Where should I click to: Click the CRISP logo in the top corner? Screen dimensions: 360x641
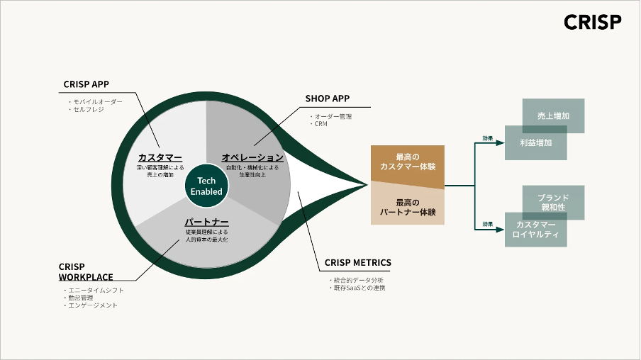[x=592, y=23]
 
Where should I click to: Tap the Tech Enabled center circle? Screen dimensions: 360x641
[x=206, y=186]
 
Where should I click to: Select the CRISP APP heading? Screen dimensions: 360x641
[x=86, y=84]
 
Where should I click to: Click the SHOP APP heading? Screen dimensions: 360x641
[x=328, y=99]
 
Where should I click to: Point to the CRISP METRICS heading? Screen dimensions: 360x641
[x=357, y=263]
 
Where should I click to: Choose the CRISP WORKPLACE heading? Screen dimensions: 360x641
[x=85, y=271]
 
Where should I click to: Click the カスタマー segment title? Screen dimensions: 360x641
[x=160, y=157]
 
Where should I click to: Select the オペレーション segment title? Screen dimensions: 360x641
[x=252, y=157]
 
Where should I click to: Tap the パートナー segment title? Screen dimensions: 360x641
[x=206, y=221]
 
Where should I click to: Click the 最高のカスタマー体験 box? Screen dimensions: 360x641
[x=407, y=162]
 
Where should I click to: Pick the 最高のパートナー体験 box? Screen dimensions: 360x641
[x=407, y=207]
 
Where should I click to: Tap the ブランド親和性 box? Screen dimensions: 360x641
[x=553, y=203]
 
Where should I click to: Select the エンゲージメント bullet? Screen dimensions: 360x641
[x=92, y=305]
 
